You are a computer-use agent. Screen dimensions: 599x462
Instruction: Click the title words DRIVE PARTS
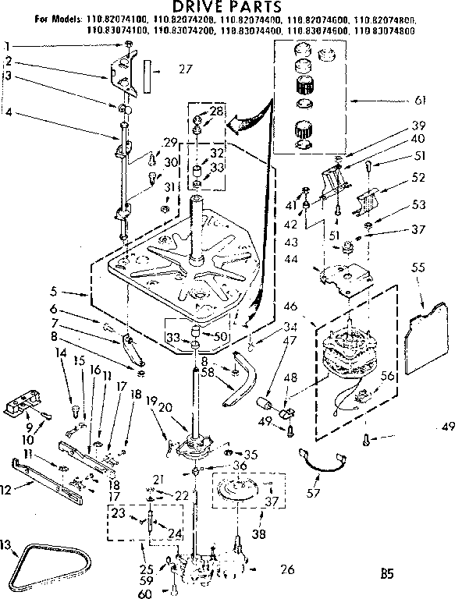click(x=231, y=8)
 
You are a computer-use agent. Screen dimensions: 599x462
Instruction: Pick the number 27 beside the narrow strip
click(x=184, y=69)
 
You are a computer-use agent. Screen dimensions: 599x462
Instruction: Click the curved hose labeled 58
click(x=239, y=381)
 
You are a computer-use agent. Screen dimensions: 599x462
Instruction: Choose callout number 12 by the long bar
click(x=7, y=489)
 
